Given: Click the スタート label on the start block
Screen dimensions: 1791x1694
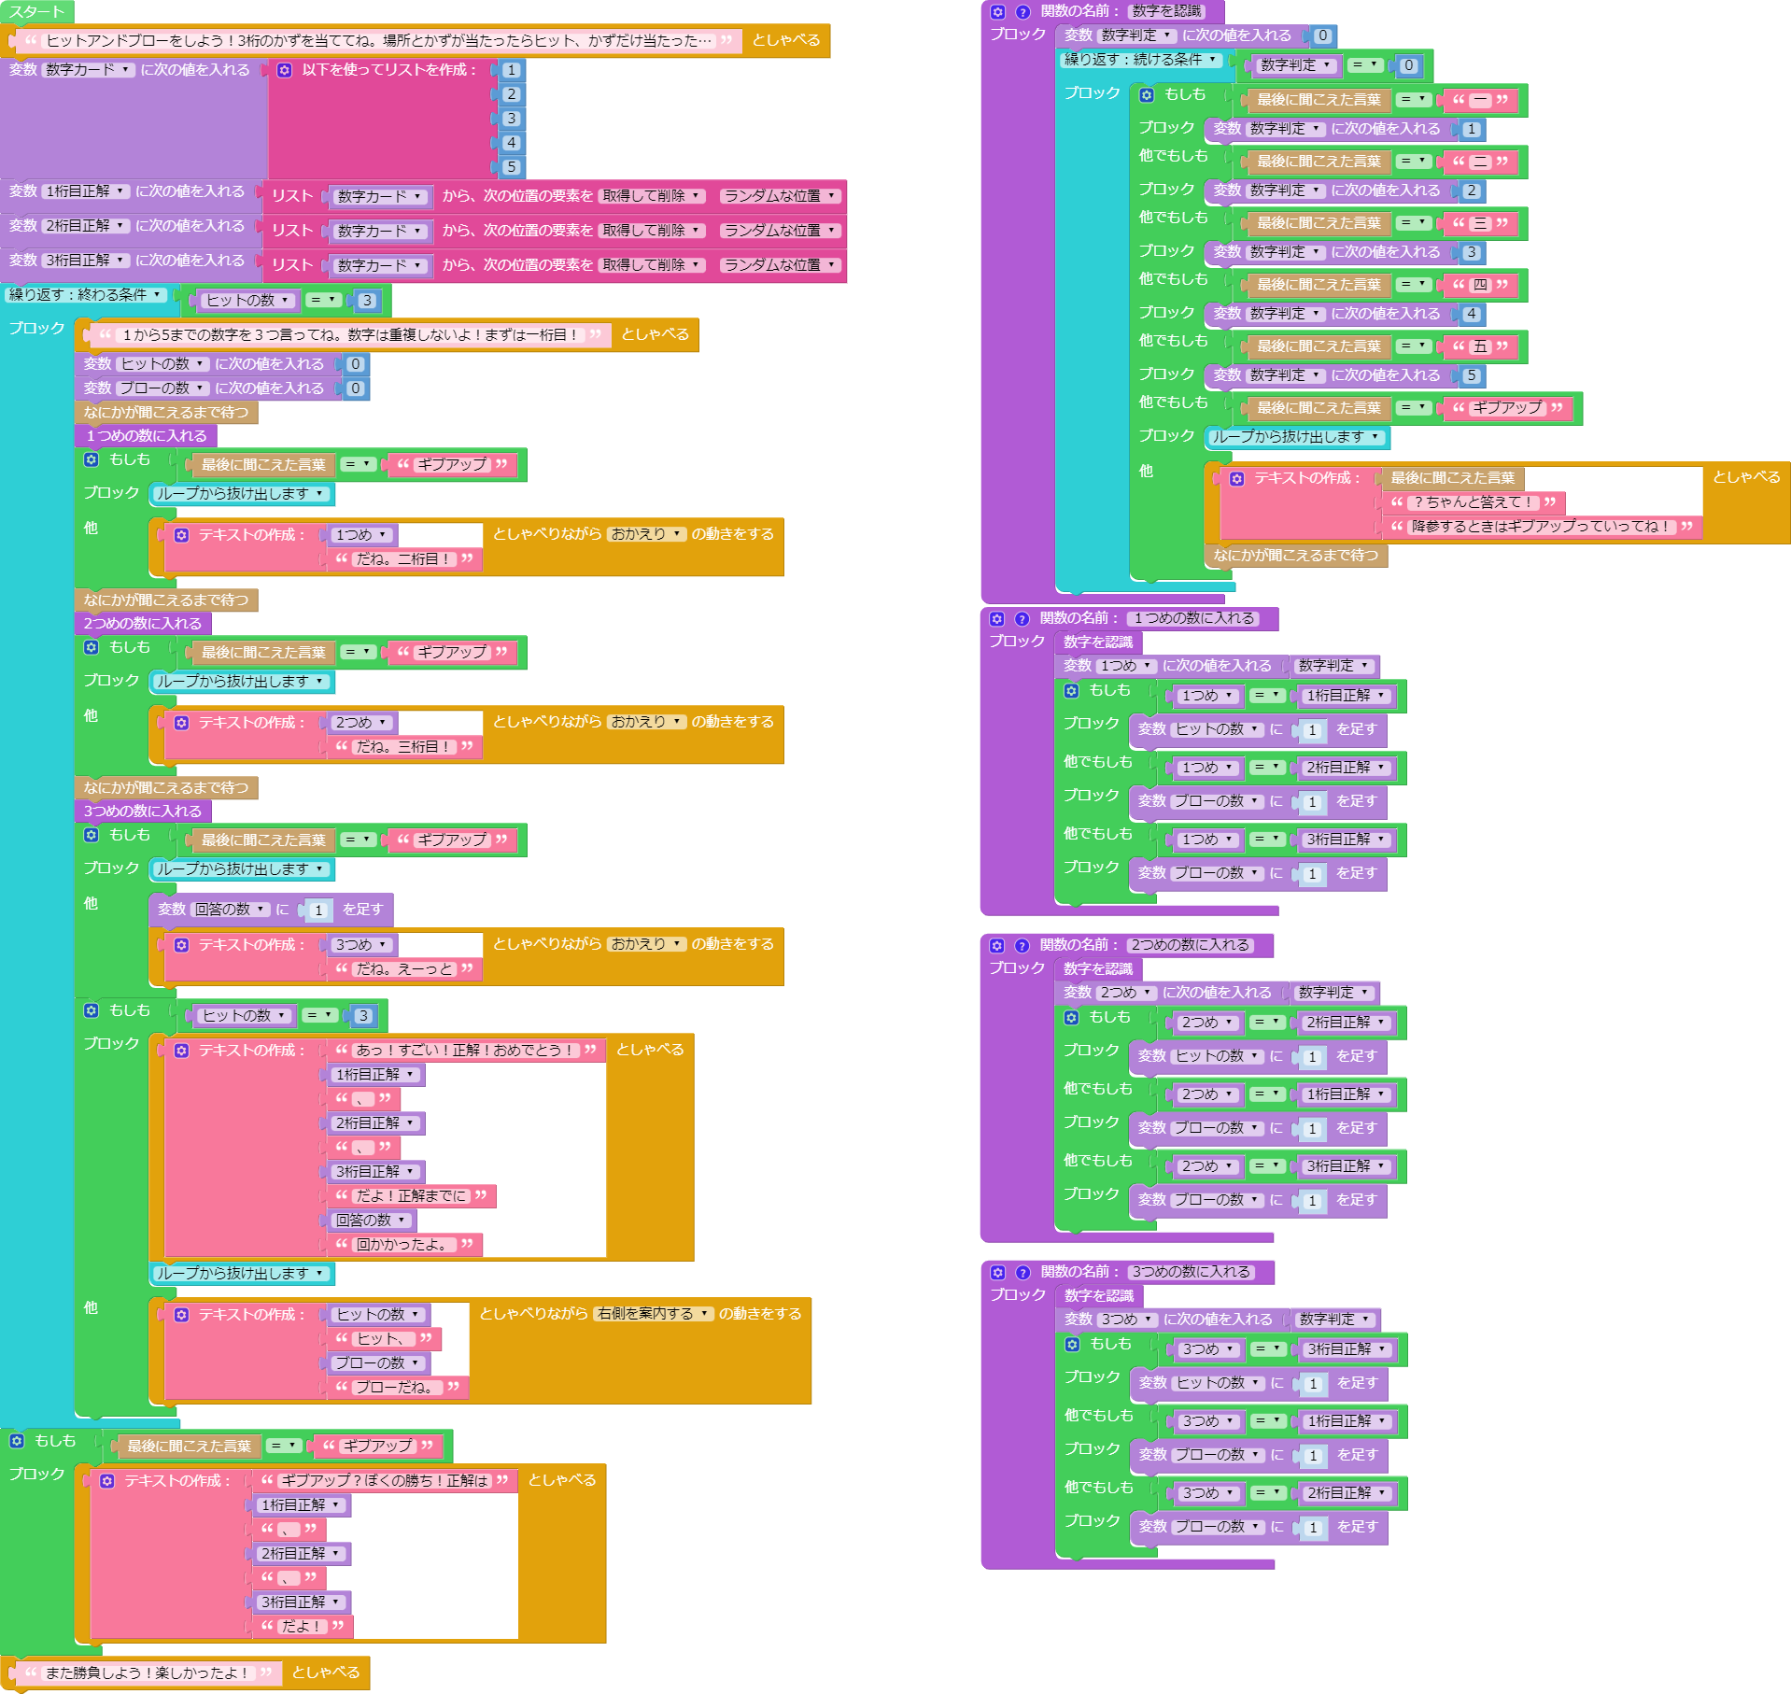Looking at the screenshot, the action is [x=36, y=12].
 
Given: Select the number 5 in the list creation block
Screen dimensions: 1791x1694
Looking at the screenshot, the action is [x=511, y=167].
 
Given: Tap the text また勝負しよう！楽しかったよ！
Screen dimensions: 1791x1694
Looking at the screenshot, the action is [x=147, y=1673].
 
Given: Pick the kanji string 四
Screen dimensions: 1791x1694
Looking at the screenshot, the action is [x=1480, y=285].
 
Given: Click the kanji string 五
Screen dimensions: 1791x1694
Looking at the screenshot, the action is [x=1480, y=346].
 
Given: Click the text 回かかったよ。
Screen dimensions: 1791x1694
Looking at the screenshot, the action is [x=404, y=1245].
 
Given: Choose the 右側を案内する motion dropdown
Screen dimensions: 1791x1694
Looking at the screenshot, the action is [x=653, y=1314].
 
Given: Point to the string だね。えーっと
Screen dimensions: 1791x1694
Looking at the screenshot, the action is [x=404, y=969].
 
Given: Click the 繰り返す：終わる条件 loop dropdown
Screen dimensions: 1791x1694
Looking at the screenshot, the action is [x=85, y=295].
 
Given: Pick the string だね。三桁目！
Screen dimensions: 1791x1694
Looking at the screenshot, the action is [x=404, y=747].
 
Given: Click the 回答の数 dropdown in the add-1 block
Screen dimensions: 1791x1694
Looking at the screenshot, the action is [x=230, y=910].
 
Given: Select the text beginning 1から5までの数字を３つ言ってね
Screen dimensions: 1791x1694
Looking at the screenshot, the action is [x=350, y=334].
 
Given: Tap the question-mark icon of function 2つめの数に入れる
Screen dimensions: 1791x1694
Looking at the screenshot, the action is [x=1022, y=946].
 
